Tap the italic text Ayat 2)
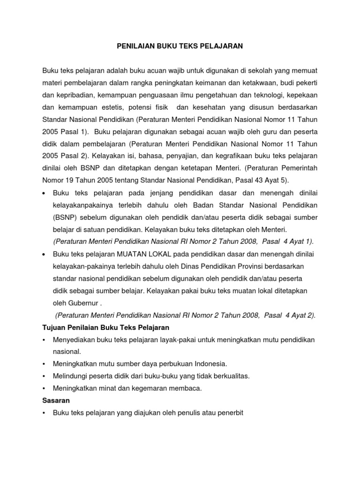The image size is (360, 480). click(301, 315)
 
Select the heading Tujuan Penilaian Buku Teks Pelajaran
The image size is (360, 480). click(105, 327)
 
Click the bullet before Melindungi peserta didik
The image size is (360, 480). click(44, 376)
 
